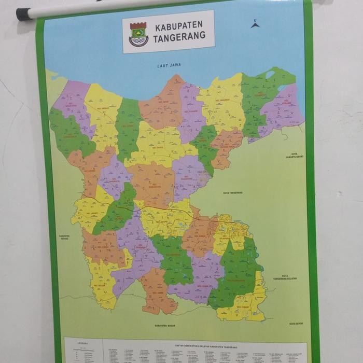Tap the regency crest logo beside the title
tap(138, 34)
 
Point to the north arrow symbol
tap(255, 23)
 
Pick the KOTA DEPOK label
tap(296, 324)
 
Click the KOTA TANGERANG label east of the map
tap(233, 192)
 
